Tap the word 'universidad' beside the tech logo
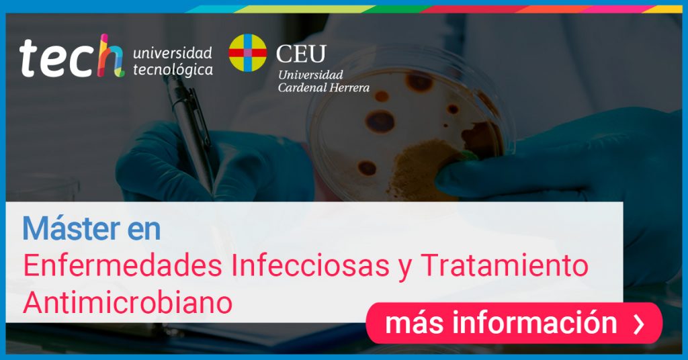pos(173,53)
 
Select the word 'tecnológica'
pos(173,69)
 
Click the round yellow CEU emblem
pos(247,53)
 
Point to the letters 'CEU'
pos(301,54)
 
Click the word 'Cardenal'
pos(302,88)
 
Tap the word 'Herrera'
pos(349,88)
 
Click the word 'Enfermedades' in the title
pos(122,265)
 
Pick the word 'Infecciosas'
pos(310,265)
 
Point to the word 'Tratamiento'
pos(505,265)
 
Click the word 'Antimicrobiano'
pos(128,302)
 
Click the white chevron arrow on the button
pos(640,324)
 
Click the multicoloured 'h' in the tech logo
pos(111,56)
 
